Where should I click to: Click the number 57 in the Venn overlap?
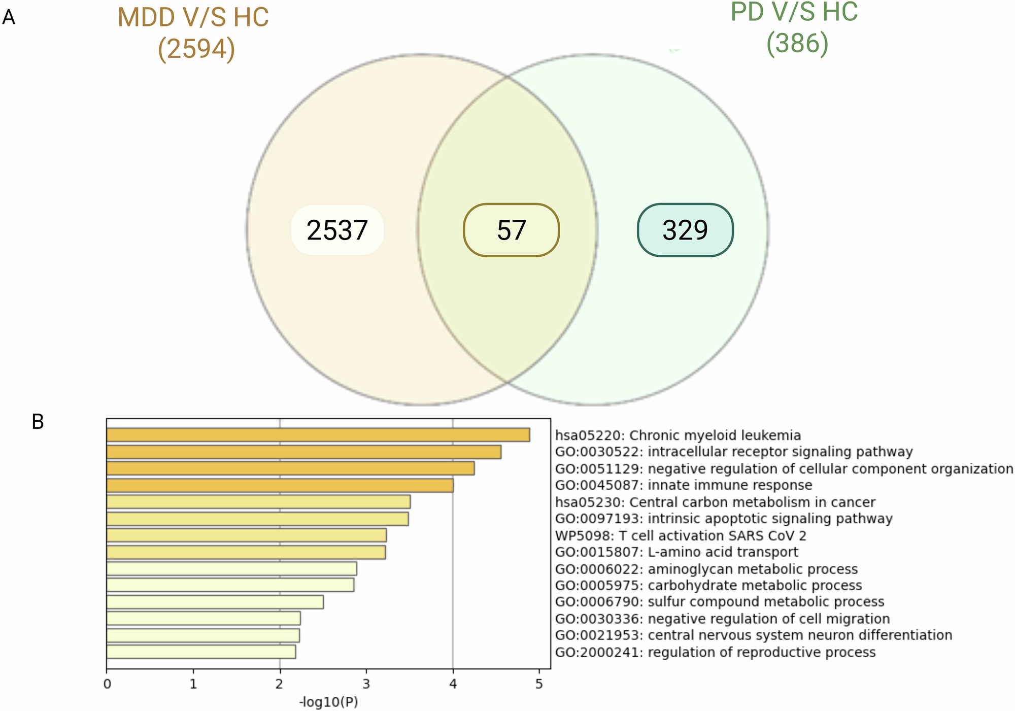tap(511, 230)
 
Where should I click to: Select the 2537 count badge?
tap(337, 230)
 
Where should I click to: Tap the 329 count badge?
tap(685, 230)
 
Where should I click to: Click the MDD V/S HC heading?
tap(193, 18)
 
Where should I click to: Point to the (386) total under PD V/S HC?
tap(797, 44)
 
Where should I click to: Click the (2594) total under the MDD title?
tap(196, 49)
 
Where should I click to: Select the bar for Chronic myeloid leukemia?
tap(318, 435)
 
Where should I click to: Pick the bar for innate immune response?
tap(280, 485)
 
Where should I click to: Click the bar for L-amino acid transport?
tap(246, 552)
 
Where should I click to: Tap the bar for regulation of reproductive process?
tap(201, 652)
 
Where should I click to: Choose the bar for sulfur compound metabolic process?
tap(215, 602)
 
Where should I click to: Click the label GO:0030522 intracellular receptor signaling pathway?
tap(733, 452)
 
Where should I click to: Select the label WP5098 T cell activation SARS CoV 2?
tap(681, 535)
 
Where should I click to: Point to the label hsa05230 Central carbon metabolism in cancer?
tap(715, 502)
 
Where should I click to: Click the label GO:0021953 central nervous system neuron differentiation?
tap(753, 635)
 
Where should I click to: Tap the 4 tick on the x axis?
tap(453, 684)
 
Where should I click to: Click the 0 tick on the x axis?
tap(107, 684)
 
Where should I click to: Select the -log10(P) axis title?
tap(328, 702)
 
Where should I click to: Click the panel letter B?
tap(38, 422)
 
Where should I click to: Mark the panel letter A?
tap(9, 18)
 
